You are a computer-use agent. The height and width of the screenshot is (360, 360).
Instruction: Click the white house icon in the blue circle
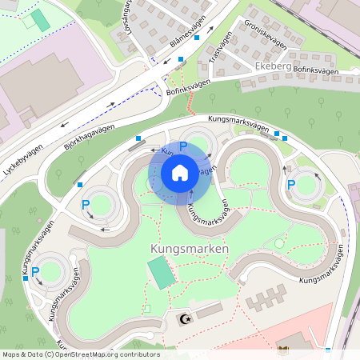(180, 172)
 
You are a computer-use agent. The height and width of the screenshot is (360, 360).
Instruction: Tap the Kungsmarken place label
(189, 249)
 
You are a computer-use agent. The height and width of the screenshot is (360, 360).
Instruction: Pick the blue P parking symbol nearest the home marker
(183, 146)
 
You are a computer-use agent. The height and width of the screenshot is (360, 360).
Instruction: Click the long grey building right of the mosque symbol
(209, 310)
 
